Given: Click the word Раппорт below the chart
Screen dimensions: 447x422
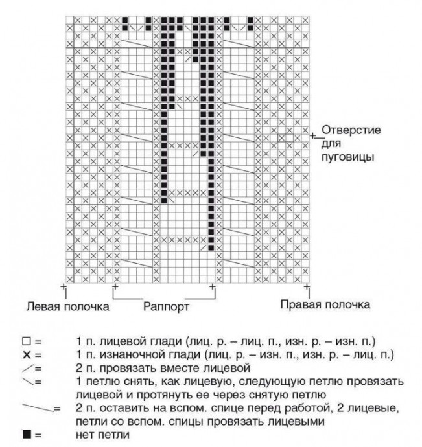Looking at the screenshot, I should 166,307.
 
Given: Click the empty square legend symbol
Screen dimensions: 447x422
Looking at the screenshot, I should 26,340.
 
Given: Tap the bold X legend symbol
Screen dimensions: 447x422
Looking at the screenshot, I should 26,354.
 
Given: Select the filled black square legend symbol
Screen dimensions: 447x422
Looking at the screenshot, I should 26,434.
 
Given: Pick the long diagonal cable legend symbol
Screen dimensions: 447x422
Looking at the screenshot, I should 38,408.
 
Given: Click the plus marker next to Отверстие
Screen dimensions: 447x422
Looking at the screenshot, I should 313,135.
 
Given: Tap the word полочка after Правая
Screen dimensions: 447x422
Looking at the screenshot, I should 347,304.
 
